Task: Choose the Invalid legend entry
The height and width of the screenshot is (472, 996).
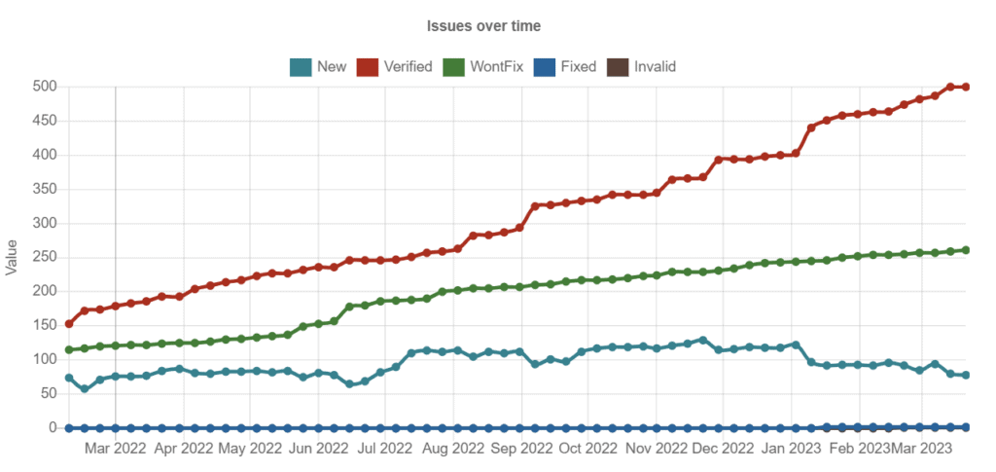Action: point(641,67)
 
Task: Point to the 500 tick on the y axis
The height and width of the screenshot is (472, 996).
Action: point(47,87)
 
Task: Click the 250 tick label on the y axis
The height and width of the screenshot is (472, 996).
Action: point(47,257)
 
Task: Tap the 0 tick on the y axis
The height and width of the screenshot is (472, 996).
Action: point(54,427)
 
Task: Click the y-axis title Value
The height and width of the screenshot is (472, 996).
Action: point(13,257)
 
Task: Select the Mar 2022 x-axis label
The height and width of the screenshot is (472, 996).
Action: point(116,449)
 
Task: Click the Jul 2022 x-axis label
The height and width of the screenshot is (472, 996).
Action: point(384,449)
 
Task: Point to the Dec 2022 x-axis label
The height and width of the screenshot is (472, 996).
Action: point(722,449)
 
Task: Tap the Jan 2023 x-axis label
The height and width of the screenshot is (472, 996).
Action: point(791,449)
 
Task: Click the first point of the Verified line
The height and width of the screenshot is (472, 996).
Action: point(69,324)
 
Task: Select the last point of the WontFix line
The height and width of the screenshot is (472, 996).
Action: point(966,250)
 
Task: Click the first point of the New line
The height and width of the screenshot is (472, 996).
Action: point(69,378)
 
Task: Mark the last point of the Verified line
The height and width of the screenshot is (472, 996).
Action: point(966,88)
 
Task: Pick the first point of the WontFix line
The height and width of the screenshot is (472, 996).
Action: point(69,349)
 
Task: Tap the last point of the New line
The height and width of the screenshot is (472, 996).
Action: point(966,375)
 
